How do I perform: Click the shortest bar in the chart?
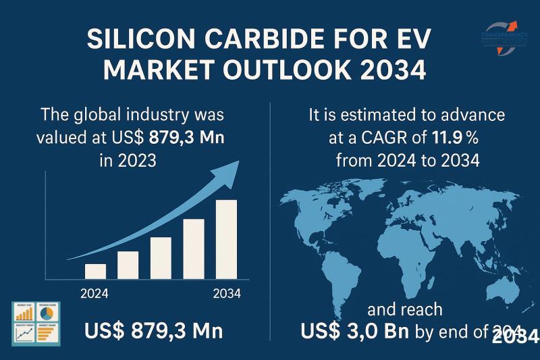(95, 271)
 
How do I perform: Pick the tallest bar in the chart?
(226, 239)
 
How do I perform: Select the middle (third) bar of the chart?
(161, 258)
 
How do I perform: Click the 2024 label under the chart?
(94, 294)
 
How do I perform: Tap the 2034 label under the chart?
(227, 294)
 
